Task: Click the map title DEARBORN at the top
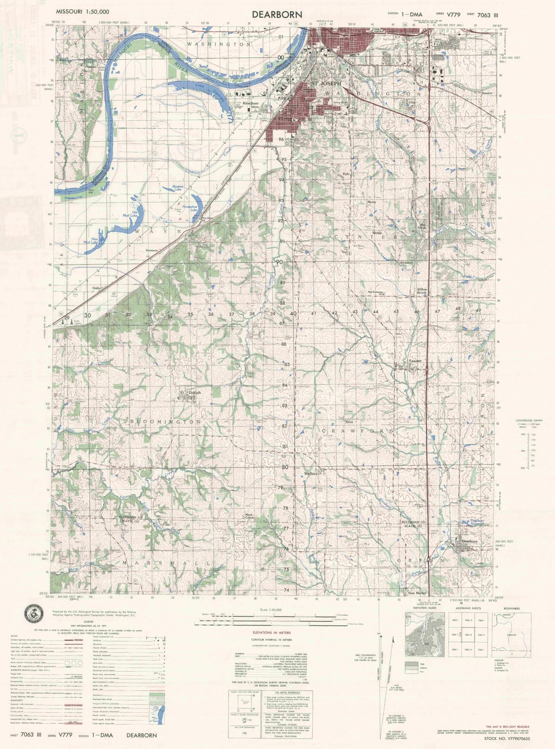(x=277, y=14)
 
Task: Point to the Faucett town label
(x=415, y=361)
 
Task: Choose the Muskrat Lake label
(x=178, y=188)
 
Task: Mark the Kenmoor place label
(x=152, y=250)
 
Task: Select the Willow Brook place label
(x=422, y=291)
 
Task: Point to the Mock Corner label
(x=249, y=516)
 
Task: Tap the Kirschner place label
(x=251, y=103)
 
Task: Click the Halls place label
(x=96, y=288)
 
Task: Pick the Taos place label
(x=349, y=422)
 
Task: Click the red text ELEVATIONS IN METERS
(x=272, y=633)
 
